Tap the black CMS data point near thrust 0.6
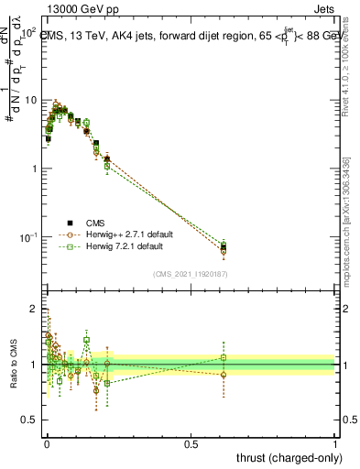pyautogui.click(x=224, y=246)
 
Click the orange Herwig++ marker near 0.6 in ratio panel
pyautogui.click(x=224, y=375)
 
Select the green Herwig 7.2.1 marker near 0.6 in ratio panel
pyautogui.click(x=224, y=357)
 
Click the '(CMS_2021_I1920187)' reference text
pyautogui.click(x=189, y=274)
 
